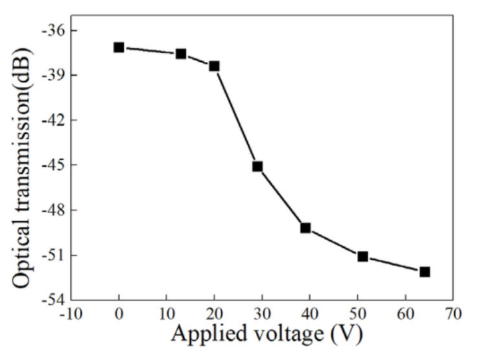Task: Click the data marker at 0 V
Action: [x=119, y=47]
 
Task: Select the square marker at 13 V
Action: [x=181, y=54]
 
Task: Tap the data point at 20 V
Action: [x=214, y=66]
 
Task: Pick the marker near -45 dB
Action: [x=258, y=166]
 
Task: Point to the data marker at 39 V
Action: [x=305, y=228]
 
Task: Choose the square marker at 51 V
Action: [x=363, y=257]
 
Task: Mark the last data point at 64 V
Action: [x=425, y=271]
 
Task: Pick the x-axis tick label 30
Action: [x=262, y=314]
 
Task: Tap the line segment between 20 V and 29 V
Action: [x=236, y=116]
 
